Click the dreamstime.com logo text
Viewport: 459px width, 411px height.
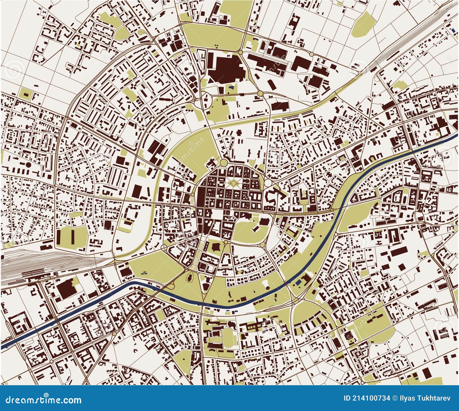(41, 400)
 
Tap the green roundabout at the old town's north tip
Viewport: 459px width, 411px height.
(223, 163)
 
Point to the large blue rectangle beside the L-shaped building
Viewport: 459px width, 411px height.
(299, 282)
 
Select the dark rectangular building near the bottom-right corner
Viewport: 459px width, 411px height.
(427, 373)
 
